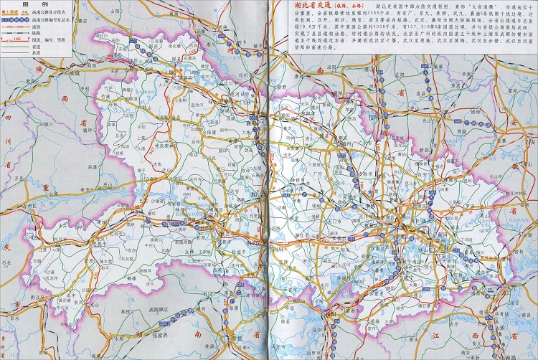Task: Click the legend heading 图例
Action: coord(30,4)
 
